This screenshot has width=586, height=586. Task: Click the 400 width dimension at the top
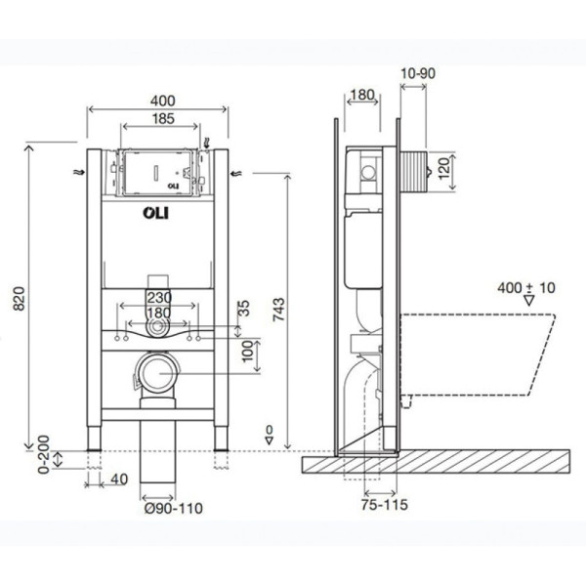click(x=162, y=101)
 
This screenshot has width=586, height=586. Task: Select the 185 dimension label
click(x=163, y=118)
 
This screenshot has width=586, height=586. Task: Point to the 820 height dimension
click(x=20, y=298)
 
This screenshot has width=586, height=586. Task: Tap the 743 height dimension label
click(x=278, y=310)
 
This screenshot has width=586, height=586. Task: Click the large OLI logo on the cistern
click(x=156, y=213)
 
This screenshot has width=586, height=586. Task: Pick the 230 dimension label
click(x=159, y=298)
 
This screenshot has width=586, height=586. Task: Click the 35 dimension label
click(x=243, y=309)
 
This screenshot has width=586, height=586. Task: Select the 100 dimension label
click(x=247, y=352)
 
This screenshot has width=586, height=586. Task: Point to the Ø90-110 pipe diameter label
click(x=174, y=508)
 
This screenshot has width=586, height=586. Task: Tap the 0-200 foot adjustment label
click(x=44, y=454)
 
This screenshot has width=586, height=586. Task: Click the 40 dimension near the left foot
click(x=119, y=480)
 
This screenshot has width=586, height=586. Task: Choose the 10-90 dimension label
click(x=418, y=73)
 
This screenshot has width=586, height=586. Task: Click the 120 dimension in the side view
click(x=443, y=169)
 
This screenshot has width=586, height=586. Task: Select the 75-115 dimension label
click(x=384, y=505)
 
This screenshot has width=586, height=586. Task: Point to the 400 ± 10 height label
click(x=526, y=288)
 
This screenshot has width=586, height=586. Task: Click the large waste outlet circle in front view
click(x=157, y=373)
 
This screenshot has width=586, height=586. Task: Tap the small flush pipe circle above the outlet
click(x=157, y=326)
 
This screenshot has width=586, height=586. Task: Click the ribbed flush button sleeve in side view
click(x=413, y=171)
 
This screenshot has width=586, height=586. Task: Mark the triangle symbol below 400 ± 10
click(x=528, y=301)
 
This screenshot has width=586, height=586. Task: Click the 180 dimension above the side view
click(x=362, y=95)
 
